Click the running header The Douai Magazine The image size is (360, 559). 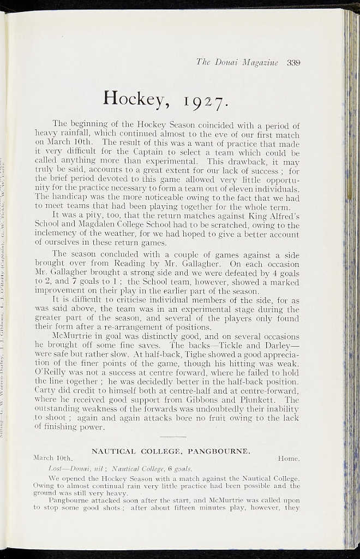point(237,63)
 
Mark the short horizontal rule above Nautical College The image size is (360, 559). point(174,437)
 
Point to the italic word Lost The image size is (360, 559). point(58,468)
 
